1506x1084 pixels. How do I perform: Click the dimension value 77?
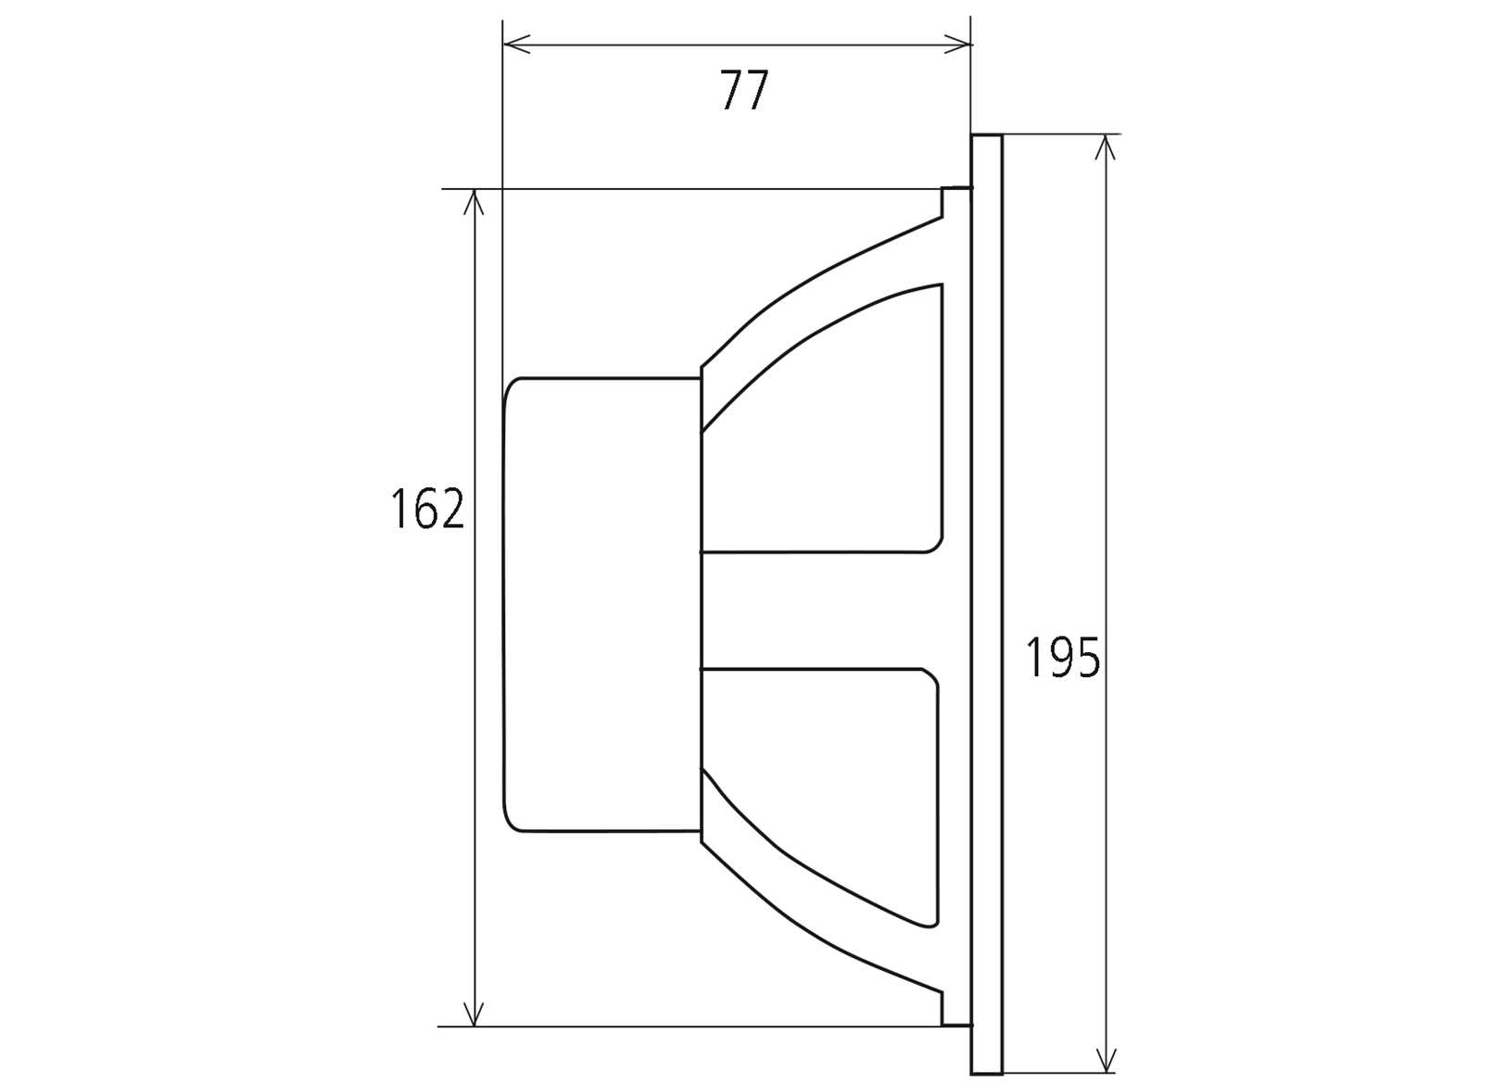744,91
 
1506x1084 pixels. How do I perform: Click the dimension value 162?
426,509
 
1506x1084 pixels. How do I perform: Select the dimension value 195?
1062,658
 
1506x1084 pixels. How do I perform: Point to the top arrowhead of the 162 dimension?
475,202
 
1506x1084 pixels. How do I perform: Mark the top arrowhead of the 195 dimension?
1105,147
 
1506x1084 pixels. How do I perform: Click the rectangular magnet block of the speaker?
601,604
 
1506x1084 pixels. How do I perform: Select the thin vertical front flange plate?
987,604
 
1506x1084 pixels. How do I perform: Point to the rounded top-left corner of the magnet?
513,387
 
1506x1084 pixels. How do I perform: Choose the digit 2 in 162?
449,509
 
